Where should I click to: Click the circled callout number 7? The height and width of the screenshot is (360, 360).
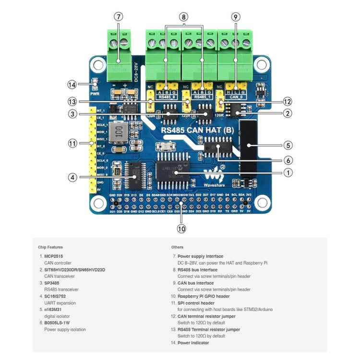coord(119,17)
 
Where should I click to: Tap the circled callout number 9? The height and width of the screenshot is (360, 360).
coord(235,17)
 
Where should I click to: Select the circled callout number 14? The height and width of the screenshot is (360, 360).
coord(72,84)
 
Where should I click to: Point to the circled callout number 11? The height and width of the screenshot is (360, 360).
coord(72,143)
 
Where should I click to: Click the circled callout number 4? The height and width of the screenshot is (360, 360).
coord(72,177)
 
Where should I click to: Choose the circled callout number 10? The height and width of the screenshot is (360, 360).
coord(181,228)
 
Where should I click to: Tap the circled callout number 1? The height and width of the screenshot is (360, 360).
coord(288,172)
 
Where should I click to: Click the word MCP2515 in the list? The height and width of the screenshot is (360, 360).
coord(53,256)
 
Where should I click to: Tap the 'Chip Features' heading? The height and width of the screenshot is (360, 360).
coord(50,247)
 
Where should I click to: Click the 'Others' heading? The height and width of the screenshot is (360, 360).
coord(177,247)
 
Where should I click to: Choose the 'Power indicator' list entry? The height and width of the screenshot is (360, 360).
coord(193,342)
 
